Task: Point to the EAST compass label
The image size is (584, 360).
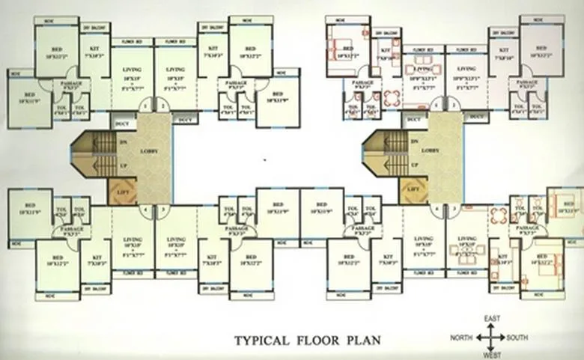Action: point(491,320)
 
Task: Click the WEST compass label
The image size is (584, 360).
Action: point(491,356)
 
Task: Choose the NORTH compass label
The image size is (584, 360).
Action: point(461,338)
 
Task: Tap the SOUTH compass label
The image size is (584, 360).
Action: point(517,338)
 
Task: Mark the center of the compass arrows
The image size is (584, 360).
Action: point(491,338)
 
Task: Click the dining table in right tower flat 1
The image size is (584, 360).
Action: point(392,98)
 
